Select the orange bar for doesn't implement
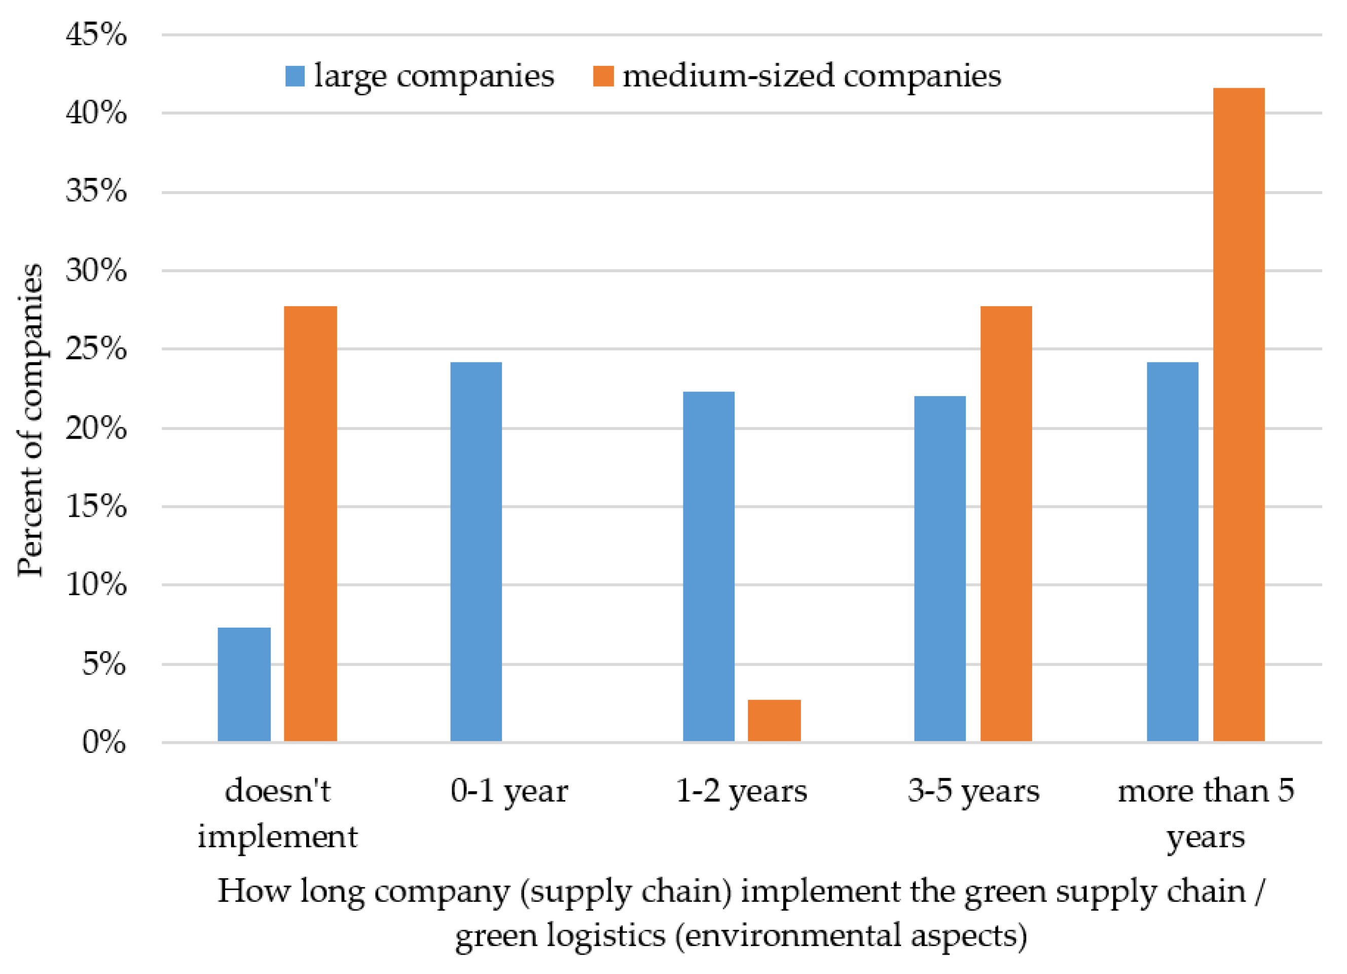310,524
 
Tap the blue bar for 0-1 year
476,552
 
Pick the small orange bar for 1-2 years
774,720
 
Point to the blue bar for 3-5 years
939,568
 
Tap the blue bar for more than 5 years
1173,552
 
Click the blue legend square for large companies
295,76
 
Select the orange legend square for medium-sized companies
603,76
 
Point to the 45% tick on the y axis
96,34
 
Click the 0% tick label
104,742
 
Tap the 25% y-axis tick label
96,349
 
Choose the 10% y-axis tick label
96,585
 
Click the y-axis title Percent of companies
30,420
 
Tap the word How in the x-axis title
253,891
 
